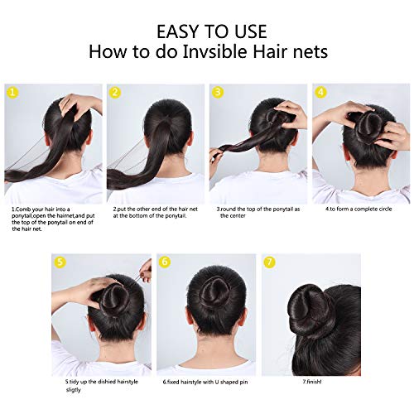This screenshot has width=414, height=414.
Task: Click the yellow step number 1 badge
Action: click(12, 92)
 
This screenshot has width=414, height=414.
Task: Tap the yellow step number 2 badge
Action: click(115, 92)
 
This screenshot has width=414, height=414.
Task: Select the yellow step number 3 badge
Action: click(218, 92)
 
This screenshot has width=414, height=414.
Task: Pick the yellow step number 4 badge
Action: click(320, 92)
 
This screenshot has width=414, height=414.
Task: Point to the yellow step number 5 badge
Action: click(60, 262)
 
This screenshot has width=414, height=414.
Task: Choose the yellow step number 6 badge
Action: click(165, 262)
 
